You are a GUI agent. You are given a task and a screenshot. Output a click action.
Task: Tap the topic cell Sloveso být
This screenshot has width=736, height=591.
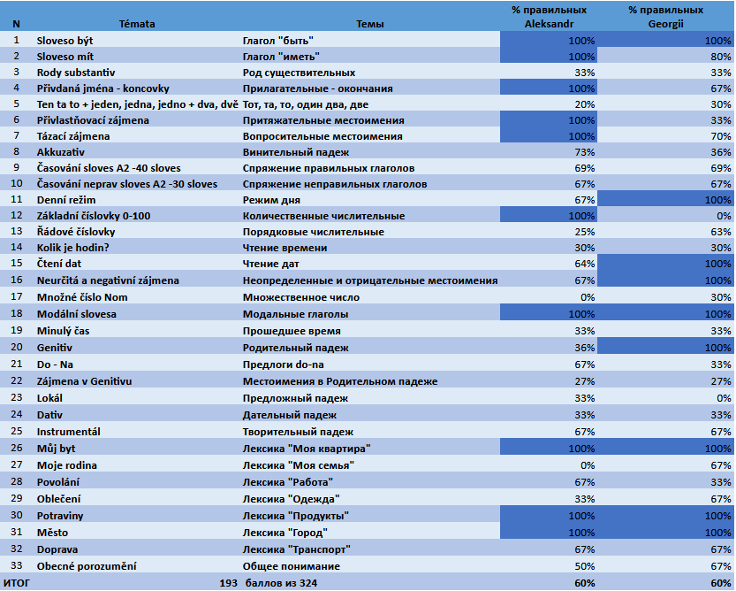click(x=68, y=41)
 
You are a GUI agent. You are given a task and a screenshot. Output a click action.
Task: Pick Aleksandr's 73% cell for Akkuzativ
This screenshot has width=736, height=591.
click(x=583, y=152)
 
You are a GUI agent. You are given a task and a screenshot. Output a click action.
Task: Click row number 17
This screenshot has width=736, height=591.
click(x=16, y=296)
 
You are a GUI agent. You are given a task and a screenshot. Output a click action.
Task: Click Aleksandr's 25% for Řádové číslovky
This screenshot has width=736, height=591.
click(x=583, y=232)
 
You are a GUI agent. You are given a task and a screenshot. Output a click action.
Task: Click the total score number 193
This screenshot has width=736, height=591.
click(x=229, y=582)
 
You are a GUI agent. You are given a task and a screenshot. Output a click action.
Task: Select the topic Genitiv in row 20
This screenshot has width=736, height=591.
click(x=55, y=348)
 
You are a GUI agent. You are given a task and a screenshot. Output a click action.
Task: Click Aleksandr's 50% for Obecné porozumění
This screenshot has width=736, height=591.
click(x=583, y=566)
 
